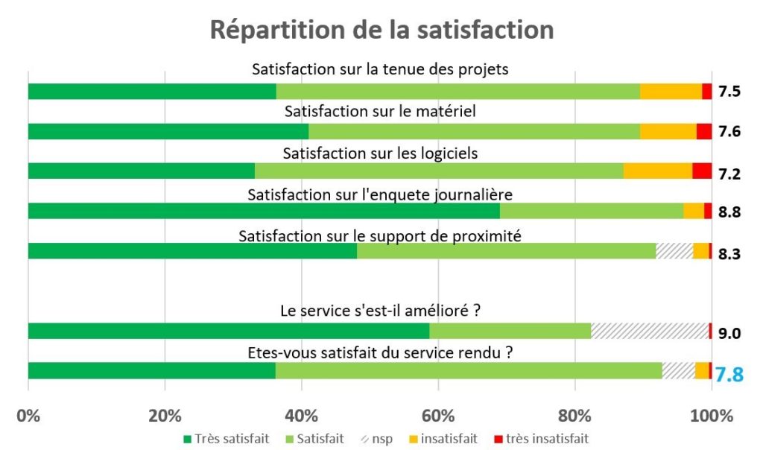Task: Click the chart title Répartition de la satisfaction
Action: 381,30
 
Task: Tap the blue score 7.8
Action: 729,374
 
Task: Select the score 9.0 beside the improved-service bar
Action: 729,333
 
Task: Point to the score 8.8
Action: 729,212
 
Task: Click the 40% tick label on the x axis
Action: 302,415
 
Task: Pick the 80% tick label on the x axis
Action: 574,415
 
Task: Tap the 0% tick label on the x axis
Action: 28,415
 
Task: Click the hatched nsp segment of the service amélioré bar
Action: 649,331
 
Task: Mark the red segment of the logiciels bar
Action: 701,171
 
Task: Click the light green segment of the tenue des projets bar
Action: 458,92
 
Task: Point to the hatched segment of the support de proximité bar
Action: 674,251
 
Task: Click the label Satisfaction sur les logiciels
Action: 380,153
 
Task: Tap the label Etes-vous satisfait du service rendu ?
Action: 380,354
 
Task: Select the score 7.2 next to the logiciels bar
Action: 729,174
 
